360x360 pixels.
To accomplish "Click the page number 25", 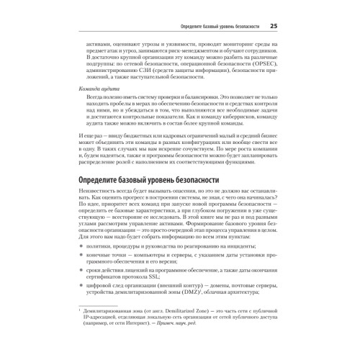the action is click(x=274, y=27).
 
